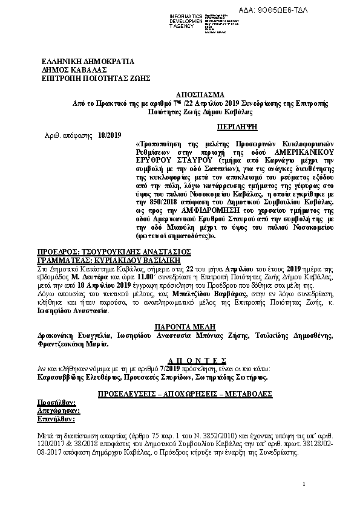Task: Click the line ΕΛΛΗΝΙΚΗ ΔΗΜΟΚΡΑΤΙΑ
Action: [88, 62]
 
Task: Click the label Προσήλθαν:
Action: [57, 402]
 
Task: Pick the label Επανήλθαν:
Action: [56, 418]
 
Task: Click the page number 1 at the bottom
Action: [304, 484]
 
